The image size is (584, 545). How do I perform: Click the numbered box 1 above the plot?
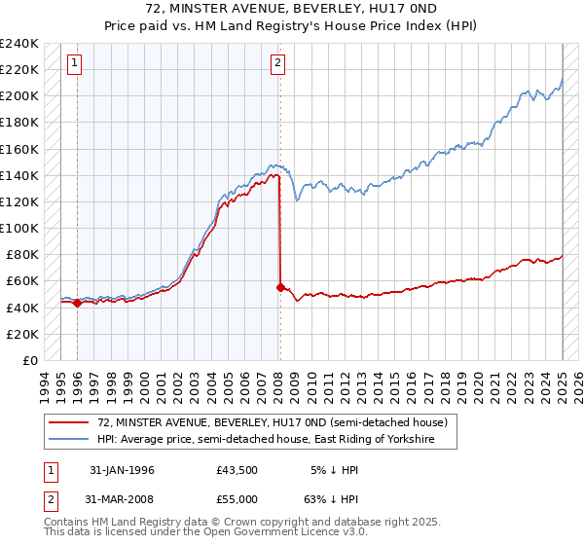point(75,64)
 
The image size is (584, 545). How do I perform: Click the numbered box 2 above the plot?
point(278,64)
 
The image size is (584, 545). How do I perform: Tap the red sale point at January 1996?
point(77,303)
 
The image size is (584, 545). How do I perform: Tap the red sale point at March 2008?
point(280,287)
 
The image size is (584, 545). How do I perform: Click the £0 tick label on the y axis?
point(29,360)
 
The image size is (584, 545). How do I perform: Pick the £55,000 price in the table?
point(237,499)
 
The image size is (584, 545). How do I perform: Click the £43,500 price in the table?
point(237,470)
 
